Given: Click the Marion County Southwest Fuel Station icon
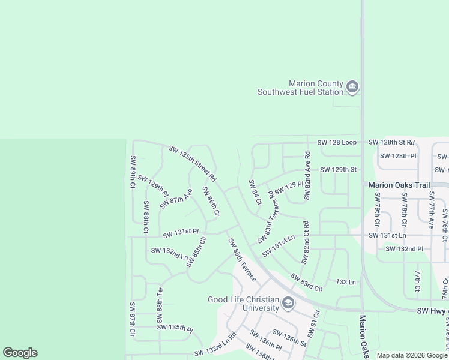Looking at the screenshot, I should (x=352, y=88).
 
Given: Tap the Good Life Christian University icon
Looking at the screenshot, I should (x=288, y=304).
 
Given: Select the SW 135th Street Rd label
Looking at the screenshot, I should (x=192, y=163).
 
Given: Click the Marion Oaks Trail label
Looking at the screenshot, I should (x=399, y=185).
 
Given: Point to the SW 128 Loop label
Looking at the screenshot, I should (x=337, y=142).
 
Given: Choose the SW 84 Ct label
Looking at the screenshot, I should (x=255, y=193).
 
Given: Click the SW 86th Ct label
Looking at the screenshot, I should (x=211, y=202).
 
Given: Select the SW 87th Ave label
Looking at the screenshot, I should (x=176, y=199).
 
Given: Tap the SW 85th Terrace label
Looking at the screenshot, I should (x=242, y=260).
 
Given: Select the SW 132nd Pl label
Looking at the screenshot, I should (x=404, y=248).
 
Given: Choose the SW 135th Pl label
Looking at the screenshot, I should (x=175, y=328).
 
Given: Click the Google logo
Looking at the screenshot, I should (x=20, y=353).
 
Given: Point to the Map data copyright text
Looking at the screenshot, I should (x=411, y=355).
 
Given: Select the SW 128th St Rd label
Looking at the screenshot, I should (x=391, y=142).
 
